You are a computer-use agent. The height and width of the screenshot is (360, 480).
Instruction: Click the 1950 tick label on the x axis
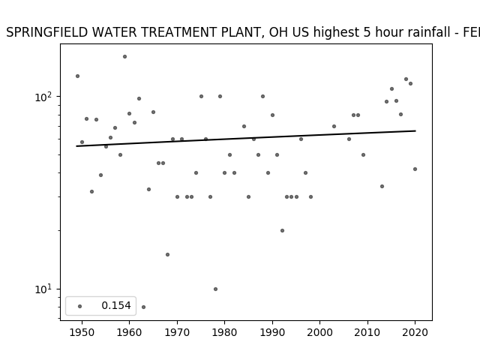pos(82,332)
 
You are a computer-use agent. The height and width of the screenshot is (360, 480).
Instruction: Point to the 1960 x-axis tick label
pos(129,332)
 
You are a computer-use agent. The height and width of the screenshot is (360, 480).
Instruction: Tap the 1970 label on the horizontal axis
pos(177,332)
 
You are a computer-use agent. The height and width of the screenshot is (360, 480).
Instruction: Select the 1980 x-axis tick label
pos(224,332)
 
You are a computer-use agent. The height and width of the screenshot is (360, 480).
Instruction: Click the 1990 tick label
pos(272,332)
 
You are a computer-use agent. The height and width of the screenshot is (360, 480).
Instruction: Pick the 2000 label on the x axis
pos(319,332)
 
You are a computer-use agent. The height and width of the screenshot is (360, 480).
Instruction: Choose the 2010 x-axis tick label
pos(367,332)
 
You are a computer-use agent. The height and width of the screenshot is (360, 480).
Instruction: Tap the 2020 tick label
pos(415,332)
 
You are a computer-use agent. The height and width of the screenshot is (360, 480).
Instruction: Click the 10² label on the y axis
pos(43,97)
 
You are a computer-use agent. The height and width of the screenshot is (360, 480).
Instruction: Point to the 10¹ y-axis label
pos(43,289)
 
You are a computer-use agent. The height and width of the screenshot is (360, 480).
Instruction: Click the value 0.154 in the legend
pos(116,305)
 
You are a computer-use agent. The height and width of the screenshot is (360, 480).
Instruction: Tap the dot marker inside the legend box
pos(80,306)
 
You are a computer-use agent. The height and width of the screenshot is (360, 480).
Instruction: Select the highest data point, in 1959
pos(125,57)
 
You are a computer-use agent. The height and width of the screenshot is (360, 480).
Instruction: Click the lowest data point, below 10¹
pos(143,307)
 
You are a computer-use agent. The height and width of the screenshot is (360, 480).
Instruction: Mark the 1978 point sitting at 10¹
pos(215,289)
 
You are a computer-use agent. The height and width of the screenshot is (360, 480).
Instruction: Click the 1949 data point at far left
pos(77,76)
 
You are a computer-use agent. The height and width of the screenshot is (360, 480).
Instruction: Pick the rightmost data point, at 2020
pos(415,169)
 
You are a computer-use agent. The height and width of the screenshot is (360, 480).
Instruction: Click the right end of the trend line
pos(415,130)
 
